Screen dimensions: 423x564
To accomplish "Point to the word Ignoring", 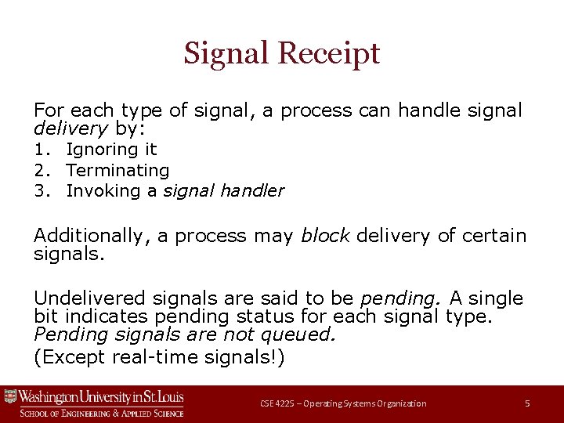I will pyautogui.click(x=100, y=149).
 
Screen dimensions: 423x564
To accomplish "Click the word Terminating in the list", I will pyautogui.click(x=117, y=170).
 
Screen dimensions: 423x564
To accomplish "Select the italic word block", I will pyautogui.click(x=325, y=236).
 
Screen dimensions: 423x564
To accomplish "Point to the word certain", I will pyautogui.click(x=495, y=236).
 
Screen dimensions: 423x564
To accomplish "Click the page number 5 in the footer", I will pyautogui.click(x=527, y=403).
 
